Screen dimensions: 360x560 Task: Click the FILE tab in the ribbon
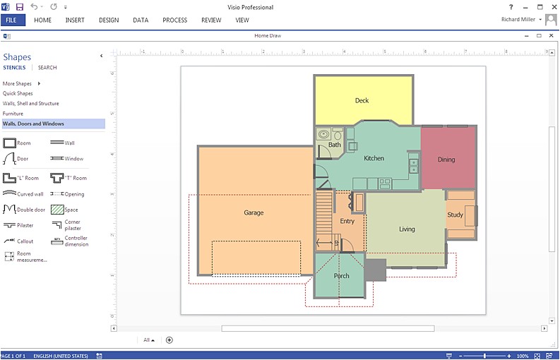point(12,20)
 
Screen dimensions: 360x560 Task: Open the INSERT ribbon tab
point(75,20)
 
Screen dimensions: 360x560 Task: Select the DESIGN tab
point(109,20)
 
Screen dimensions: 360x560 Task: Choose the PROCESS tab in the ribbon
point(174,20)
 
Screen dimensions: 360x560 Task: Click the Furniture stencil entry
point(13,114)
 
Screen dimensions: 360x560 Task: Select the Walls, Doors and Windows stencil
point(33,124)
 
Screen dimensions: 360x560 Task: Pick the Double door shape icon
point(9,210)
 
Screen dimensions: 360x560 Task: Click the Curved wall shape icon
point(9,193)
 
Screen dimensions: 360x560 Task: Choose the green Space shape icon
point(57,210)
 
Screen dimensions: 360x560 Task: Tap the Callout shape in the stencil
point(9,241)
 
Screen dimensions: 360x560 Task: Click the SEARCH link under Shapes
point(47,68)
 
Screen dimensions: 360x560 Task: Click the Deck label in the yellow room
point(362,101)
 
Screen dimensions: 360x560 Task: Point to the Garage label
point(254,212)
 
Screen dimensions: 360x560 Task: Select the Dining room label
point(446,160)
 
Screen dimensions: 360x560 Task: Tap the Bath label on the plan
point(334,145)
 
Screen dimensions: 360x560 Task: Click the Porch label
point(342,276)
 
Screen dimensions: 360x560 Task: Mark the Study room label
point(455,215)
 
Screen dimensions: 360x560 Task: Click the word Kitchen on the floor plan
point(374,158)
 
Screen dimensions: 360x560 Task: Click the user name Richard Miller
point(517,20)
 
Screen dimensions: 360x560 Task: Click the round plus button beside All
point(169,340)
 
